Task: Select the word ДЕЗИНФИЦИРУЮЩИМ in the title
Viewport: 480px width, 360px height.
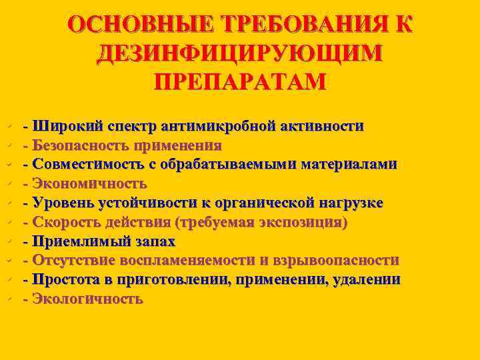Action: [x=240, y=53]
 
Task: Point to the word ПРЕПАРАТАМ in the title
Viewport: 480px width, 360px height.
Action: [x=240, y=81]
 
